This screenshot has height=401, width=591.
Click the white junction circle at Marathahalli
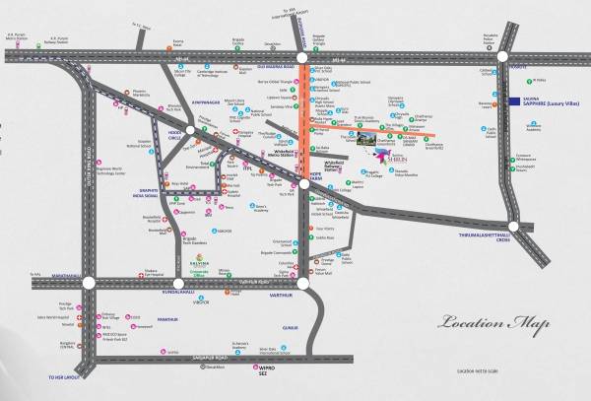pyautogui.click(x=90, y=283)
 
